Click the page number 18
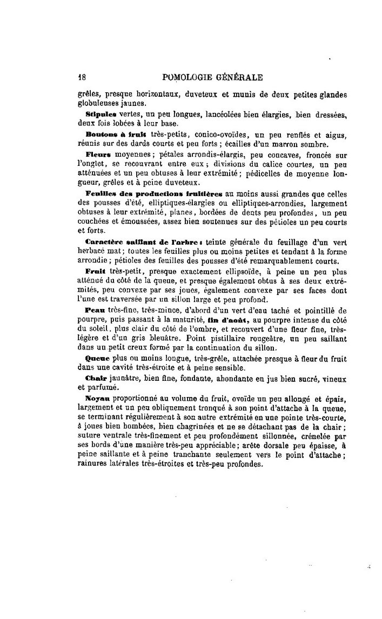pos(82,77)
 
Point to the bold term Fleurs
pos(99,154)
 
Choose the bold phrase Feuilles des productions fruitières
pos(153,193)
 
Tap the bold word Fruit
pos(95,270)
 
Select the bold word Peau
pos(94,309)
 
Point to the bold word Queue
pos(97,358)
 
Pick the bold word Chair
pos(96,378)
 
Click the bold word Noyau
pos(97,397)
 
